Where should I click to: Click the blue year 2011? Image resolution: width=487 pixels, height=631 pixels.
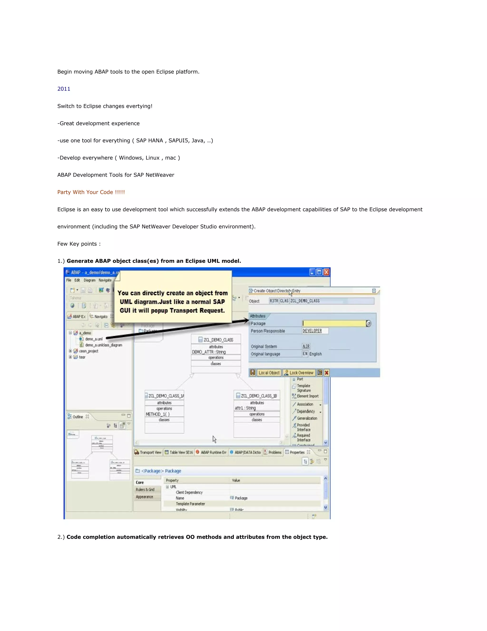[64, 89]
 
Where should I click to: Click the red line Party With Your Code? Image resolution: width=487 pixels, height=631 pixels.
[91, 192]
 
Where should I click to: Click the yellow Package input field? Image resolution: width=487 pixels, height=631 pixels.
[334, 324]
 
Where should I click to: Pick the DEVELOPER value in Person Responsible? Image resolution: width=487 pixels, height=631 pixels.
[312, 331]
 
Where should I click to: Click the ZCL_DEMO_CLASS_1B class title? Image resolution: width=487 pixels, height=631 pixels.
[258, 396]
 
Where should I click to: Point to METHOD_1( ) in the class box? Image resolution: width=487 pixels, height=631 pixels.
[157, 414]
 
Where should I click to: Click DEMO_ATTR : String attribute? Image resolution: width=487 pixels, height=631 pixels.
[209, 352]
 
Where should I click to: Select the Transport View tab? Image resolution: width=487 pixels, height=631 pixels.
[148, 452]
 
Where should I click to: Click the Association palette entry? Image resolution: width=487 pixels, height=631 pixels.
[305, 404]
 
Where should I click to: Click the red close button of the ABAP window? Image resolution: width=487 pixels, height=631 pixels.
[326, 272]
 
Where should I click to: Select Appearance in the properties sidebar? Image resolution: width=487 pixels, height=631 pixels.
[145, 497]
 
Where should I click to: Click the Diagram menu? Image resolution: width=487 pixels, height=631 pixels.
[89, 280]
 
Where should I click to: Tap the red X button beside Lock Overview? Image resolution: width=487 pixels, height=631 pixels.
[326, 373]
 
